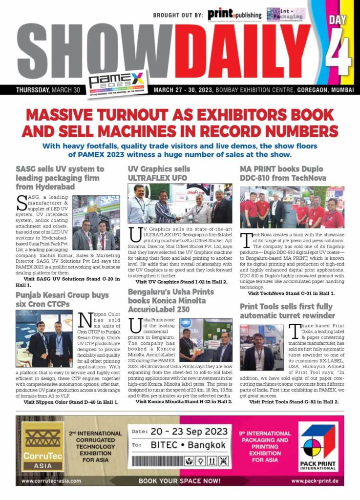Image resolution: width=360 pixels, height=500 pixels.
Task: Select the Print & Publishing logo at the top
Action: pyautogui.click(x=234, y=15)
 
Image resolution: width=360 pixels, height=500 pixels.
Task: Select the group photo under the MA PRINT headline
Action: pyautogui.click(x=292, y=207)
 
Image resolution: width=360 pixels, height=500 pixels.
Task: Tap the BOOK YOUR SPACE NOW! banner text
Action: pyautogui.click(x=179, y=480)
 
